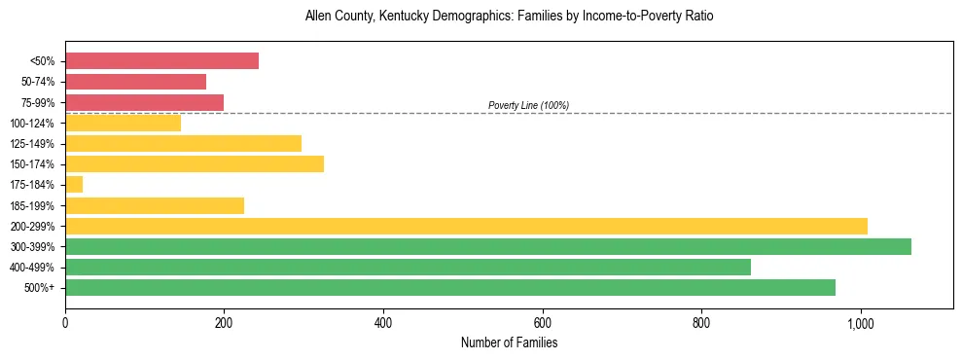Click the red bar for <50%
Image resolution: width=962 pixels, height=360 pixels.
tap(161, 61)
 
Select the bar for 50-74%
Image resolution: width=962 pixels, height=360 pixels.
tap(135, 82)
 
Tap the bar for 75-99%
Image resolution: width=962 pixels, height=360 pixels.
tap(144, 102)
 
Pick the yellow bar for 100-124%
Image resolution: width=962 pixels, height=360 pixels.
tap(123, 123)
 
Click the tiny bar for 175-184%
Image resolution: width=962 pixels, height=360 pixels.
tap(74, 185)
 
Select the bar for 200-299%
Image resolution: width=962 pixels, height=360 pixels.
tap(466, 227)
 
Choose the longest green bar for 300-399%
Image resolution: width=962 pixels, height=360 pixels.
tap(487, 247)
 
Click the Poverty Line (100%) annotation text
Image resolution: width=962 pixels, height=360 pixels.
tap(528, 105)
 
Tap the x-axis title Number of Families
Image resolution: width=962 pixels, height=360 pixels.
tap(509, 343)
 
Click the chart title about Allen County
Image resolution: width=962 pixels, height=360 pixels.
tap(509, 17)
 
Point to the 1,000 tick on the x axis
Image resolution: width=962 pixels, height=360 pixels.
tap(860, 323)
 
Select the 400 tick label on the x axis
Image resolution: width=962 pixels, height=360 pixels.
tap(383, 323)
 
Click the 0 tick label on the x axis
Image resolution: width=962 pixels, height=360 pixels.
tap(65, 323)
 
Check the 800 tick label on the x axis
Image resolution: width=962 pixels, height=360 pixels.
tap(701, 323)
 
